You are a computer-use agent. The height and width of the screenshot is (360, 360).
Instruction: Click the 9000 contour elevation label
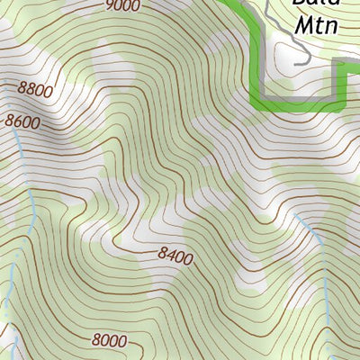(x=122, y=6)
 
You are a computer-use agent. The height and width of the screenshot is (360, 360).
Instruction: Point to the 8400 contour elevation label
(x=175, y=257)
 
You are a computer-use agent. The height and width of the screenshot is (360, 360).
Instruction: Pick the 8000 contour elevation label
(x=108, y=340)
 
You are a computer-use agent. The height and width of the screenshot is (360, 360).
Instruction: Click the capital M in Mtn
(x=301, y=25)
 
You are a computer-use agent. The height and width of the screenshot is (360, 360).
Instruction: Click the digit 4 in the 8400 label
(x=170, y=256)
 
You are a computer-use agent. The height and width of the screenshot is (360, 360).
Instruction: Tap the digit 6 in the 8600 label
(x=17, y=119)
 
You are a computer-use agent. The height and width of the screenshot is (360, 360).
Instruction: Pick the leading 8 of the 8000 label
(x=95, y=340)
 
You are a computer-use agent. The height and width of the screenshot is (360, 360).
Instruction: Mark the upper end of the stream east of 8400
(x=296, y=215)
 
